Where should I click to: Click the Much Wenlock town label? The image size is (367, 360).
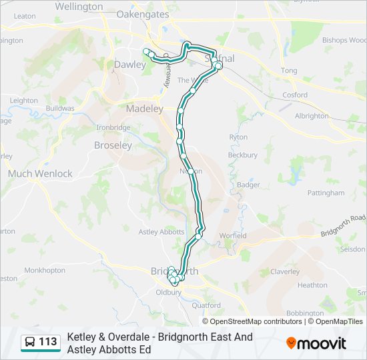click(40, 173)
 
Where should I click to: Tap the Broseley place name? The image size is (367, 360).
click(113, 145)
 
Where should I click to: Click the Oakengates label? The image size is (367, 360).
click(143, 13)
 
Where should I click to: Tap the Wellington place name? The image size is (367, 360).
click(79, 6)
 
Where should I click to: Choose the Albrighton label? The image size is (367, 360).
click(312, 115)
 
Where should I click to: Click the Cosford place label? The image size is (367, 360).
click(295, 95)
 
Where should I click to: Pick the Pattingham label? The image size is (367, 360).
click(326, 193)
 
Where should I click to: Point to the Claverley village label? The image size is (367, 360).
click(285, 271)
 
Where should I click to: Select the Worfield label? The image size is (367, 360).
click(233, 235)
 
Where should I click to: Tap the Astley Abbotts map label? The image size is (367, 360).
click(161, 232)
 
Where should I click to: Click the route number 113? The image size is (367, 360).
click(48, 342)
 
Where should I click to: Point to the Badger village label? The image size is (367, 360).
click(248, 185)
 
